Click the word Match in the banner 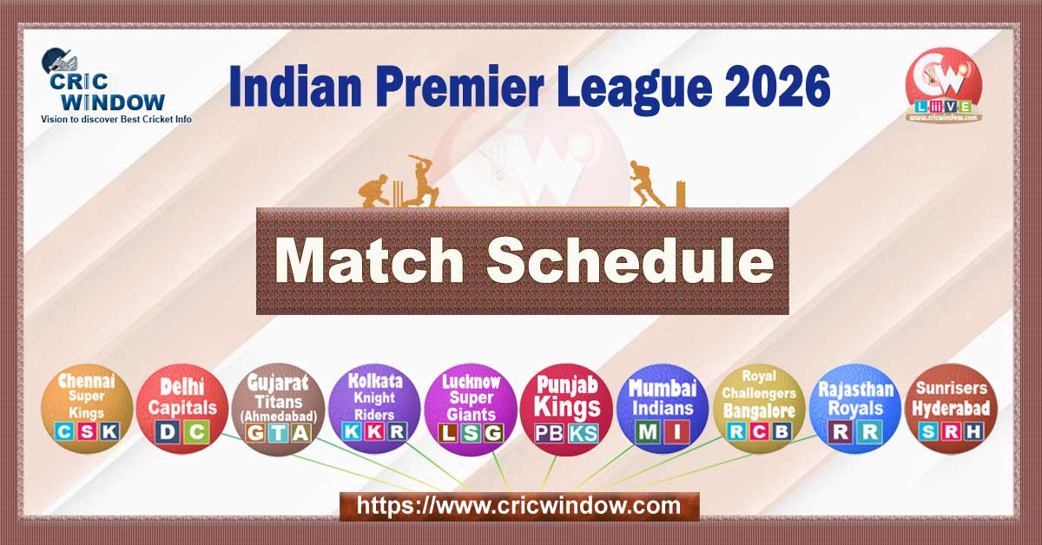tap(372, 260)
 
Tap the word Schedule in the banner tap(630, 260)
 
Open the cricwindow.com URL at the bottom tap(519, 505)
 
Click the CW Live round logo tap(944, 85)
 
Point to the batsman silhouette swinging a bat tap(424, 182)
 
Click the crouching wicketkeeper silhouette tap(376, 191)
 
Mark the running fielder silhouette tap(647, 184)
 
